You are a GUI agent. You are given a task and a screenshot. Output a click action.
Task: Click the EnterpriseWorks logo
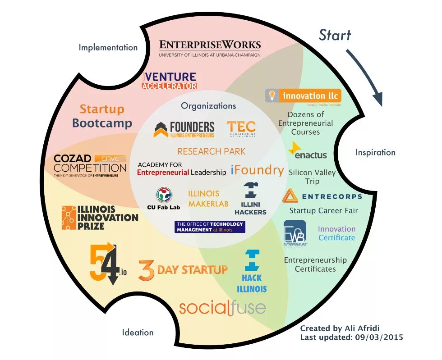point(210,48)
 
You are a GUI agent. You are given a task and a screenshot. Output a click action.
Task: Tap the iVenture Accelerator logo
point(170,81)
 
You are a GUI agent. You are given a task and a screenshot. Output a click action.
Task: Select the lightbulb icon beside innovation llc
point(272,95)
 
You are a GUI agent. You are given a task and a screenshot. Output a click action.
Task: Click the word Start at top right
point(335,35)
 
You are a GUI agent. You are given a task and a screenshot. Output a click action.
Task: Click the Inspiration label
point(375,152)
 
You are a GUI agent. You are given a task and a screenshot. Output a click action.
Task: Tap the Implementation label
point(108,47)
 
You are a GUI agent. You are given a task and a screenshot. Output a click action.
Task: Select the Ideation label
point(138,333)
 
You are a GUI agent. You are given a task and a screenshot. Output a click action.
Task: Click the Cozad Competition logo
point(90,165)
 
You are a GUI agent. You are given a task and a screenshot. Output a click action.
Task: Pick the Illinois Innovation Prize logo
point(100,218)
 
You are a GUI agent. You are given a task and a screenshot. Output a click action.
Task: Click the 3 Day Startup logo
point(183,270)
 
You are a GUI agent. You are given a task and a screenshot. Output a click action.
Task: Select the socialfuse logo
point(222,308)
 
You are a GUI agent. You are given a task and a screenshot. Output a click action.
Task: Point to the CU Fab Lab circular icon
point(164,195)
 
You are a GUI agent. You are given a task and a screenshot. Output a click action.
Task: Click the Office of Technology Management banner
point(210,227)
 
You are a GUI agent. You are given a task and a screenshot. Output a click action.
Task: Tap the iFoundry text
point(257,170)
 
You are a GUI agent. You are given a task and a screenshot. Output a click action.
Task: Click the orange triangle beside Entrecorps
point(290,196)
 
